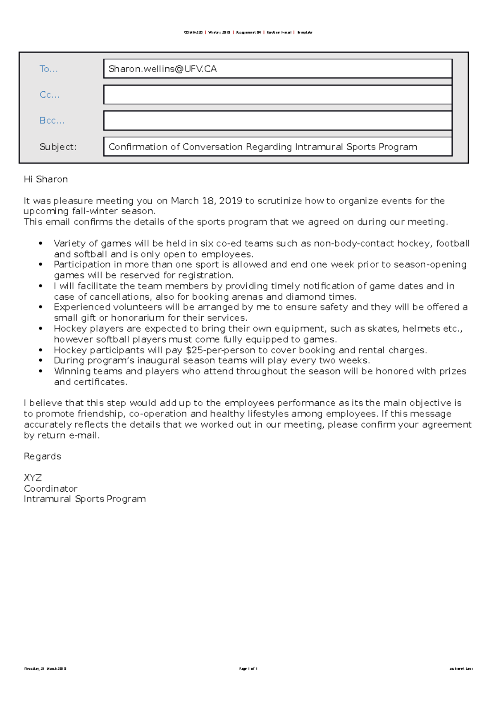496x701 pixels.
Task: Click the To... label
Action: click(48, 69)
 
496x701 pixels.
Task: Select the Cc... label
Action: click(49, 95)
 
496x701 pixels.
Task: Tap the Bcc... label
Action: click(52, 121)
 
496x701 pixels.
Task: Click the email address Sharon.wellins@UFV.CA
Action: click(162, 69)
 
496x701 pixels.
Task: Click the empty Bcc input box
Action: click(277, 121)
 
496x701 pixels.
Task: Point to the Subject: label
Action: click(58, 147)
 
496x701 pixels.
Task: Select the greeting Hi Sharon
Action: click(46, 179)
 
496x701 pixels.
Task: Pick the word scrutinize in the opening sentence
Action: click(279, 201)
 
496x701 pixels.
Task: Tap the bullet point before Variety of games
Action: click(41, 244)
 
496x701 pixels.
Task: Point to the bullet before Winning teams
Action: click(41, 371)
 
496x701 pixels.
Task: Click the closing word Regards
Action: click(42, 456)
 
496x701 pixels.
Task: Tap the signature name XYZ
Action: click(33, 478)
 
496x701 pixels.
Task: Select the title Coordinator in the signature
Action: click(50, 488)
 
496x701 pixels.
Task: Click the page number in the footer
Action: click(248, 668)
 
